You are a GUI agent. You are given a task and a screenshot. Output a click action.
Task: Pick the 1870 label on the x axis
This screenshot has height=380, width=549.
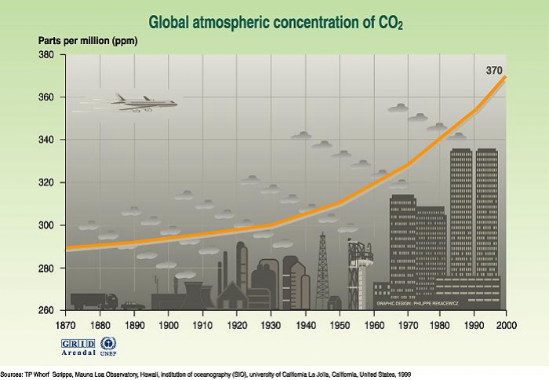[x=67, y=323]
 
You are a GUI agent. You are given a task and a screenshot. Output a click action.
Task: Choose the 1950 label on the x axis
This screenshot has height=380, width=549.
[x=338, y=323]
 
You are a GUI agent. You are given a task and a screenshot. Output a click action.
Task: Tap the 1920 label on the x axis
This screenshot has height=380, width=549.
[x=236, y=323]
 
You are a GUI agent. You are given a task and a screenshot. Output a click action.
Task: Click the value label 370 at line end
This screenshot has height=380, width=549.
[x=494, y=71]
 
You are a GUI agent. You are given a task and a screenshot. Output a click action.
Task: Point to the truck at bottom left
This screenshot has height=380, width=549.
[x=93, y=301]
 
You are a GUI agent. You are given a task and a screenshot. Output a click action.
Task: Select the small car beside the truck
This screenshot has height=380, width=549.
[x=133, y=305]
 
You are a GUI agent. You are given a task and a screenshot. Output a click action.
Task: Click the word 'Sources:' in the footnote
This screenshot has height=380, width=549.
[x=12, y=374]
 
